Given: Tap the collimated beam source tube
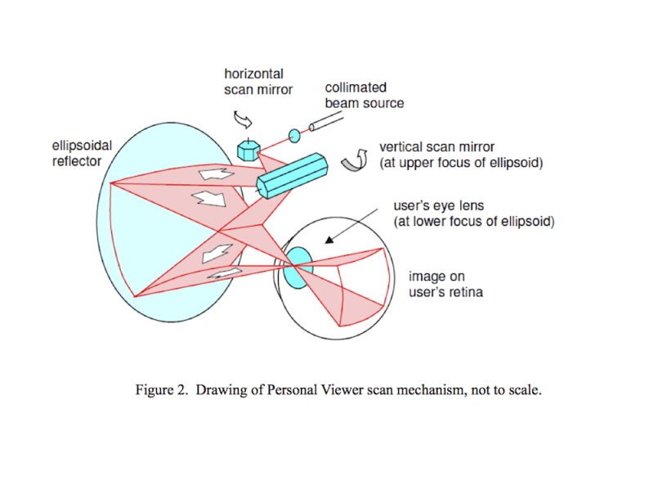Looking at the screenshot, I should click(x=335, y=122).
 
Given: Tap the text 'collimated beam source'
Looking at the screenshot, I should click(x=364, y=95).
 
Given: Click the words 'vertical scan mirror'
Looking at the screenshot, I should click(x=437, y=147).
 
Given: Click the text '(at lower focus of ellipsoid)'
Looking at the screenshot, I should click(x=473, y=222).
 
